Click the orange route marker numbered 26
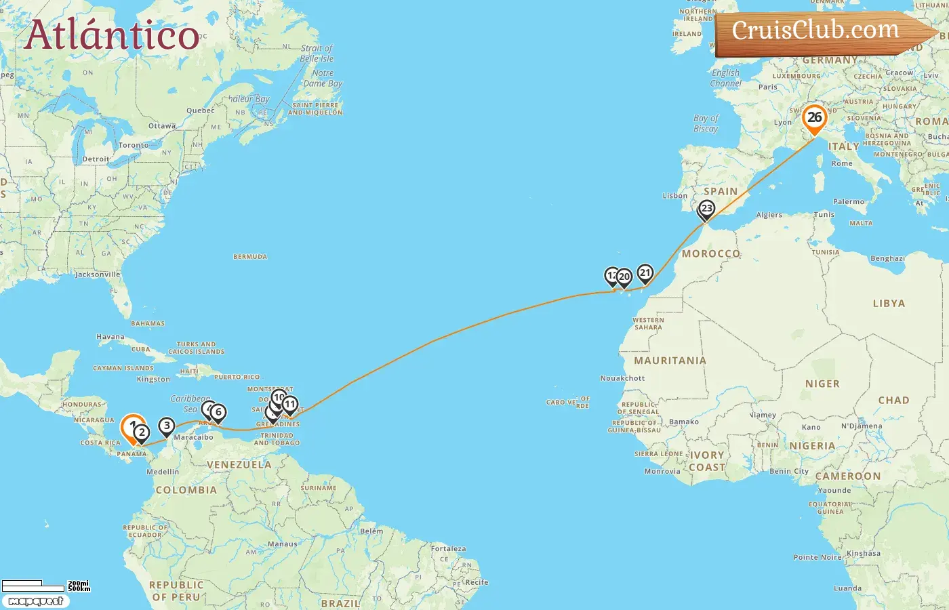[814, 118]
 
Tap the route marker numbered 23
[706, 209]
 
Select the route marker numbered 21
[645, 273]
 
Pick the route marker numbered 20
[624, 277]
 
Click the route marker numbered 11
[289, 405]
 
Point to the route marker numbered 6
[218, 412]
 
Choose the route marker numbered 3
[167, 426]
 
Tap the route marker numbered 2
[142, 432]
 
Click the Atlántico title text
[112, 35]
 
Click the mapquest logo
[35, 601]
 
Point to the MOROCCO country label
[711, 253]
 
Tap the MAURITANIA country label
[670, 361]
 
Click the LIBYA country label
[889, 303]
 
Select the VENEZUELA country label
[239, 465]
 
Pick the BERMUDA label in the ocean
[250, 257]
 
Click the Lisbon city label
[674, 196]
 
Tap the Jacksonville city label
[98, 274]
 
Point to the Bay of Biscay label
[706, 123]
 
